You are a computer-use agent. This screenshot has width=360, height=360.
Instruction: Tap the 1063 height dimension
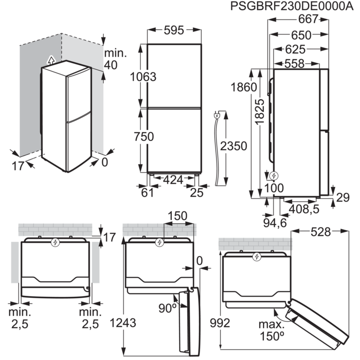pos(142,77)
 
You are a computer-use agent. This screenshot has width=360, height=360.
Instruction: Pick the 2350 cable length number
pos(233,146)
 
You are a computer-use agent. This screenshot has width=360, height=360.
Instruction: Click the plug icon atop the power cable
pos(218,116)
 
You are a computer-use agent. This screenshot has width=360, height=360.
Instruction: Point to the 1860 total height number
pos(244,87)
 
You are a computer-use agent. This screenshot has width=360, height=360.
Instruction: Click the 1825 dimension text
pos(261,112)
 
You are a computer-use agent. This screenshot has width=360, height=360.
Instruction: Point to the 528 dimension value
pos(322,232)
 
